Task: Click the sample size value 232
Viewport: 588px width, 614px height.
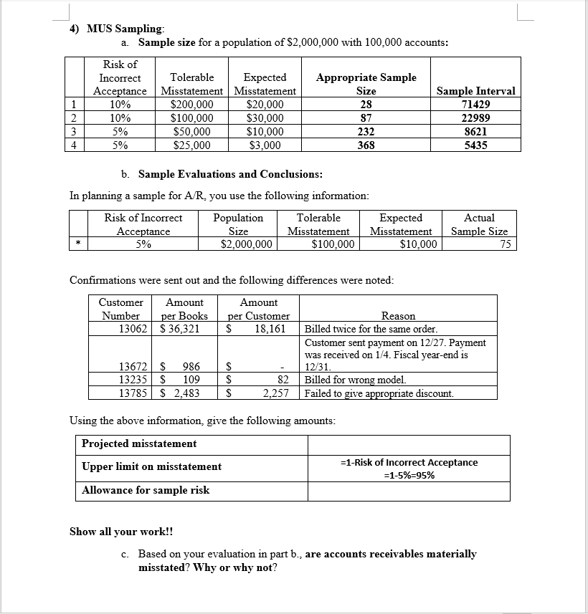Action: point(366,132)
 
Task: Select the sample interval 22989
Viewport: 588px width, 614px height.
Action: point(475,118)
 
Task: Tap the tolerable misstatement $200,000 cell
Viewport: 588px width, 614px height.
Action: point(193,105)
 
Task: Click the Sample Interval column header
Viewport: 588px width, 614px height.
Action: point(475,91)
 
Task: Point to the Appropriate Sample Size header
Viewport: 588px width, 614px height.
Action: point(366,84)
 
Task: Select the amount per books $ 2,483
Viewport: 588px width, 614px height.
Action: point(179,393)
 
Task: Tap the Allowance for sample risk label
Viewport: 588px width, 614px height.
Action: point(146,490)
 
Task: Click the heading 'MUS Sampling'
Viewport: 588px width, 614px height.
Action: point(125,29)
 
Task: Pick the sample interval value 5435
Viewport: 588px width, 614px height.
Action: point(475,145)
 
